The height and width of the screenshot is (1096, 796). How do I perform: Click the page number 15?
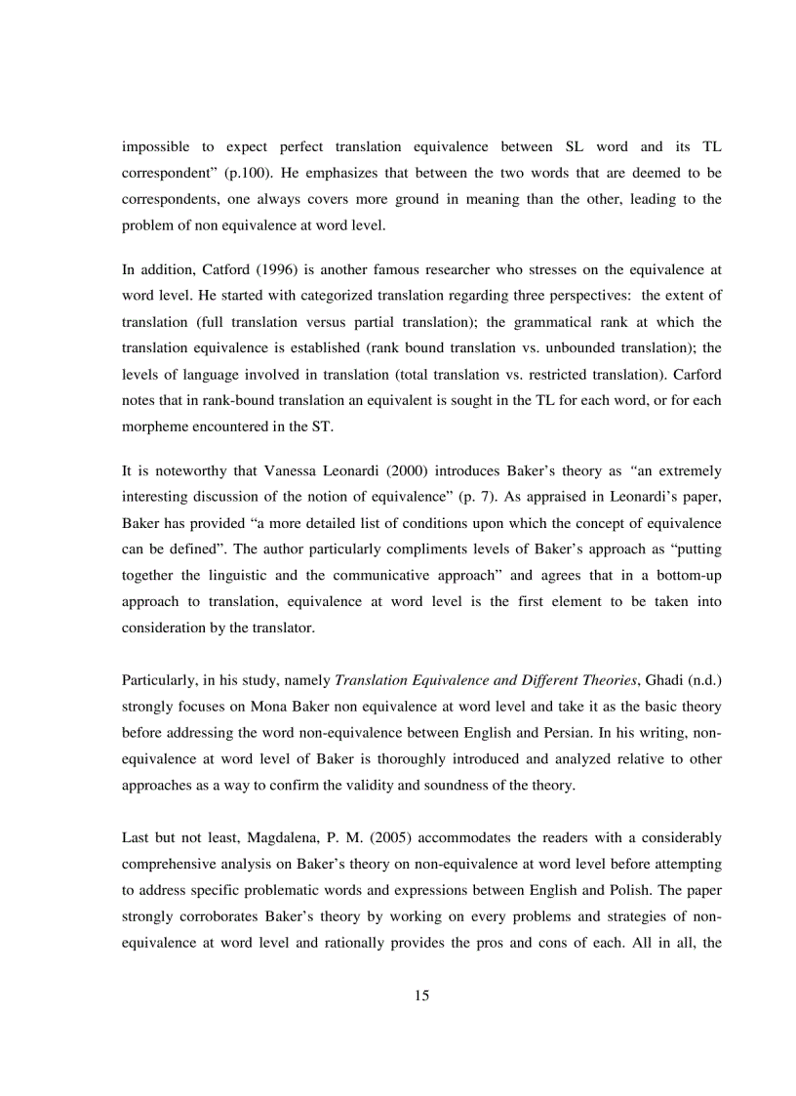pyautogui.click(x=421, y=995)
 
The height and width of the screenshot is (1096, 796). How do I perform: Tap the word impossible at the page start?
pyautogui.click(x=154, y=146)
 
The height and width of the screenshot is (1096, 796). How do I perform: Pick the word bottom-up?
pyautogui.click(x=687, y=575)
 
